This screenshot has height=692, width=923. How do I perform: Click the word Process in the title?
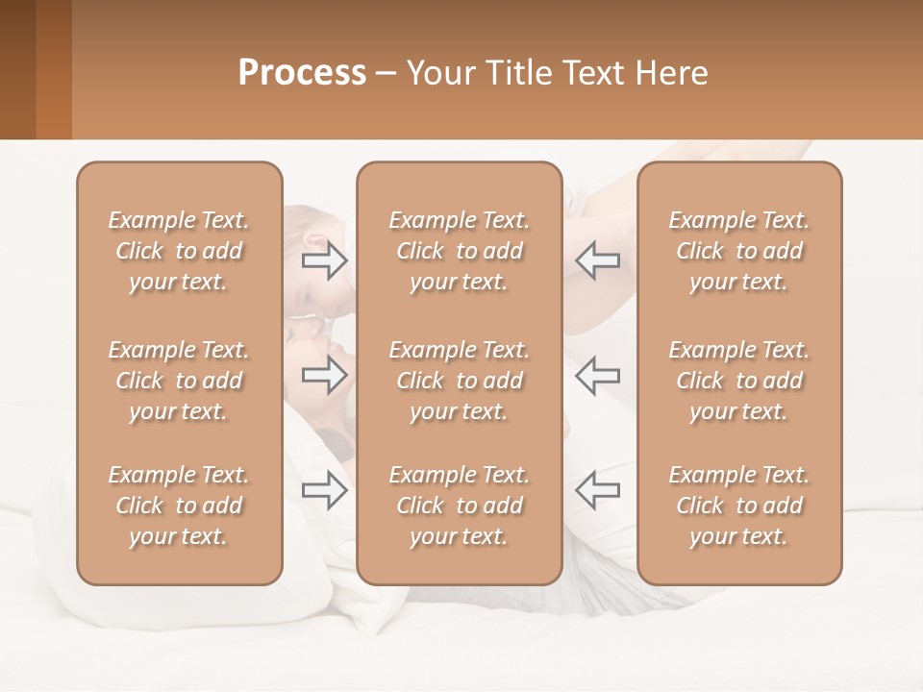coord(302,73)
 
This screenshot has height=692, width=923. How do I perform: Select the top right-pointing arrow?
coord(325,260)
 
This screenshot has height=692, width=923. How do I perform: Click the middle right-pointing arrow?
coord(325,375)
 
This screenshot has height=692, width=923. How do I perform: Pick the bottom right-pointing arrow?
coord(325,490)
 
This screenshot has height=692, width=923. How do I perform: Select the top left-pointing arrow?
coord(597,260)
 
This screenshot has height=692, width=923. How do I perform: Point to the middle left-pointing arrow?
coord(597,375)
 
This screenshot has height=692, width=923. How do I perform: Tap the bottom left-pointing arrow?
coord(597,490)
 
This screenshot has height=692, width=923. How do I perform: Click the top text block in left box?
coord(179,251)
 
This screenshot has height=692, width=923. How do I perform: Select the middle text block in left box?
coord(179,381)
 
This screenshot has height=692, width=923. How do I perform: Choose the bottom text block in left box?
coord(179,506)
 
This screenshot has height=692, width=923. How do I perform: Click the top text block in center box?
coord(459,251)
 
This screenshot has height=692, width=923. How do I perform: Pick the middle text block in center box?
coord(459,381)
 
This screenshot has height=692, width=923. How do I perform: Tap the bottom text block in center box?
coord(459,506)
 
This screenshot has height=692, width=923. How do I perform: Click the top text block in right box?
coord(738,251)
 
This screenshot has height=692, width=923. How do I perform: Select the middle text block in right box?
coord(738,381)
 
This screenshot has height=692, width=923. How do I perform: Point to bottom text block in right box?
coord(738,506)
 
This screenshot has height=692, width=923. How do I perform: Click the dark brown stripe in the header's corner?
coord(17,69)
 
